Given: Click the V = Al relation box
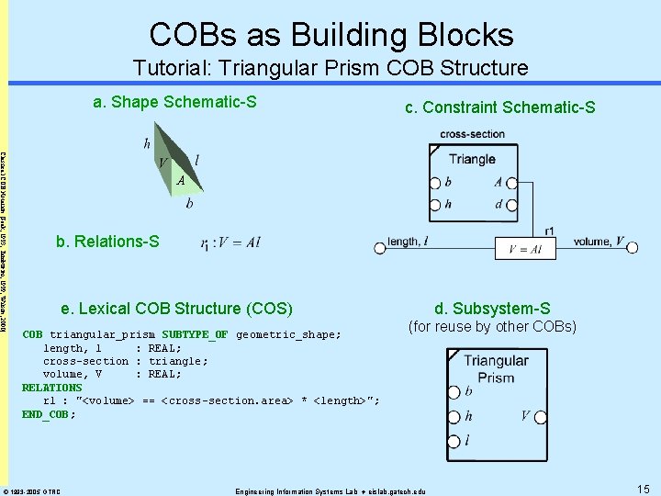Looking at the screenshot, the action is point(525,249).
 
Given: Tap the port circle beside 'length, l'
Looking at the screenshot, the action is point(379,246).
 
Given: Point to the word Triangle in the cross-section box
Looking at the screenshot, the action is point(472,159).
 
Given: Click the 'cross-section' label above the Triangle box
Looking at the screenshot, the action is point(472,134).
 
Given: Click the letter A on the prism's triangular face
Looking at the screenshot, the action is point(182,180).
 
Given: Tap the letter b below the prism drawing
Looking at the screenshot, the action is point(189,204).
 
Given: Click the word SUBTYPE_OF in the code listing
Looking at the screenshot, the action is point(195,334).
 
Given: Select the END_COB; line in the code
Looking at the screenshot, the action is point(49,414).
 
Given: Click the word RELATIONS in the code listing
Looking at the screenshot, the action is point(51,388).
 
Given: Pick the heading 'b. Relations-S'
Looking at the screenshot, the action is point(107,242).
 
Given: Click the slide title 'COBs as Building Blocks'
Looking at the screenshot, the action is point(331,35).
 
